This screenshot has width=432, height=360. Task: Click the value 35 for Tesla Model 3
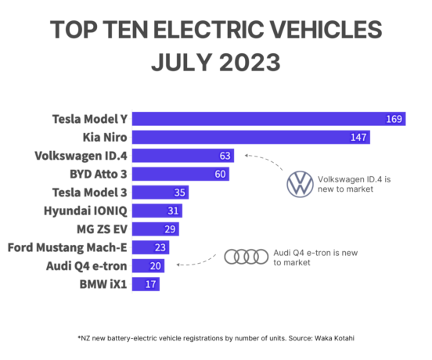pos(179,192)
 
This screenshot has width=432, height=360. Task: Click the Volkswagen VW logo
pos(299,185)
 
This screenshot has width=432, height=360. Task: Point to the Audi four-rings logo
pos(246,257)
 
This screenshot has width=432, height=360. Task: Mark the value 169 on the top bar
pos(394,119)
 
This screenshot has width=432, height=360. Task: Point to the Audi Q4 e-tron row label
pos(88,265)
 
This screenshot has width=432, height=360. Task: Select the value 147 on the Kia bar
pos(359,137)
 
